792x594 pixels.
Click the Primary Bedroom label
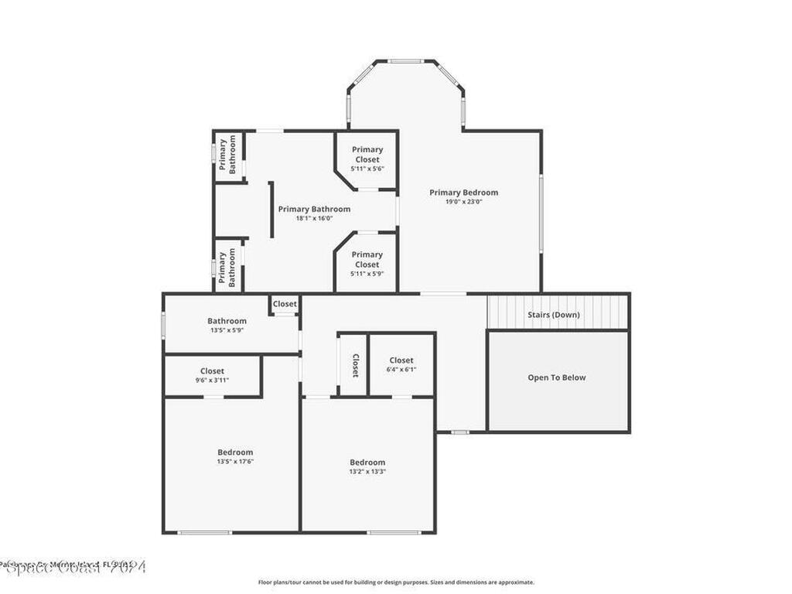tap(463, 193)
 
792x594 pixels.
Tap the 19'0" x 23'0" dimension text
tap(463, 202)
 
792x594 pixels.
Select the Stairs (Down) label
tap(553, 315)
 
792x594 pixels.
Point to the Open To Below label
tap(556, 377)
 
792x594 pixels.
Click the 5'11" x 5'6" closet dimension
tap(367, 169)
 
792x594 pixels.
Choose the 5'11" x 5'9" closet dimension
tap(367, 274)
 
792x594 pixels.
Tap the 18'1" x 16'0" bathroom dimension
tap(314, 218)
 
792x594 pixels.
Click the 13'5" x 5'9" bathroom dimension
tap(227, 330)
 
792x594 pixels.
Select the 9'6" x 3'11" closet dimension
tap(212, 381)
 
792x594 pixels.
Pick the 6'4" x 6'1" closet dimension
tap(401, 370)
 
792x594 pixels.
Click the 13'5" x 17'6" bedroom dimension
tap(235, 462)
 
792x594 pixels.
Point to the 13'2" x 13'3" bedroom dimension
tap(367, 471)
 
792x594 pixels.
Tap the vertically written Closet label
tap(355, 365)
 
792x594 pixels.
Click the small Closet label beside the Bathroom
tap(285, 304)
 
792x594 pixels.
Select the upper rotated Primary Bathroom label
tap(228, 155)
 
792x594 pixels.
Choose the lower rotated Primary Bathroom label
tap(228, 267)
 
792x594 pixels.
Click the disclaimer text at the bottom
tap(395, 582)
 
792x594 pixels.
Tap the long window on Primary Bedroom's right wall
tap(541, 213)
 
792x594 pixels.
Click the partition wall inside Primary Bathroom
tap(271, 210)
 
